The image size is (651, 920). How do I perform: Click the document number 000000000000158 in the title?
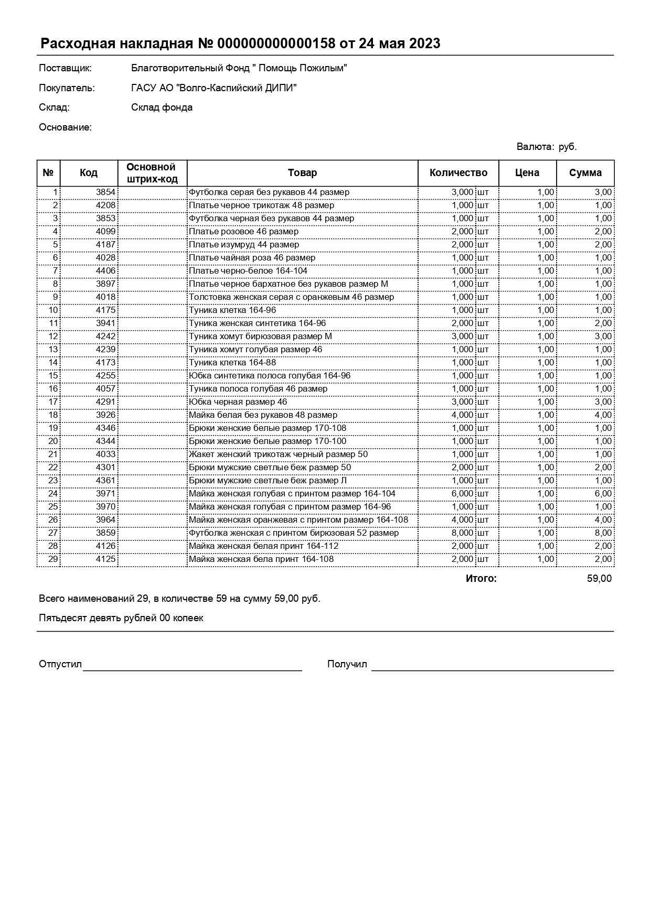pyautogui.click(x=276, y=44)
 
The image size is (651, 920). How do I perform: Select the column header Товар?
pyautogui.click(x=302, y=173)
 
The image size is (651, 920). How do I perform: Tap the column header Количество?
pyautogui.click(x=458, y=173)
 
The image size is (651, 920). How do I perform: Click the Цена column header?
pyautogui.click(x=527, y=173)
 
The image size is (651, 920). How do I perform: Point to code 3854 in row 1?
pyautogui.click(x=105, y=192)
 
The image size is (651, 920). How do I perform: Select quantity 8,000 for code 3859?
pyautogui.click(x=462, y=533)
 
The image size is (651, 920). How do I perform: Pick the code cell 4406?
pyautogui.click(x=105, y=271)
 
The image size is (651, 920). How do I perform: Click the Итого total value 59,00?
pyautogui.click(x=599, y=579)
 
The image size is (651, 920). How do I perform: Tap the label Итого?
pyautogui.click(x=481, y=579)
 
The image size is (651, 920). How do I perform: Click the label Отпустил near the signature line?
pyautogui.click(x=60, y=664)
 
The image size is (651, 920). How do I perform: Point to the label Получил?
pyautogui.click(x=347, y=664)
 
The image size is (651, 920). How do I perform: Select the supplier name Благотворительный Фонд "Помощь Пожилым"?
pyautogui.click(x=239, y=68)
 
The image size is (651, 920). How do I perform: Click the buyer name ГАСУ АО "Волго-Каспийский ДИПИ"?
pyautogui.click(x=214, y=88)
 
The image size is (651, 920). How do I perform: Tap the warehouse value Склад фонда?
pyautogui.click(x=162, y=107)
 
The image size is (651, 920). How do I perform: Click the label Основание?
pyautogui.click(x=65, y=127)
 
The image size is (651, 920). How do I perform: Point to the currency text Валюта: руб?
pyautogui.click(x=547, y=147)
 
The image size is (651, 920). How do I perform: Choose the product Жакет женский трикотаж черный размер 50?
pyautogui.click(x=278, y=454)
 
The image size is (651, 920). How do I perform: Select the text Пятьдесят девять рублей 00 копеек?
pyautogui.click(x=121, y=618)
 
